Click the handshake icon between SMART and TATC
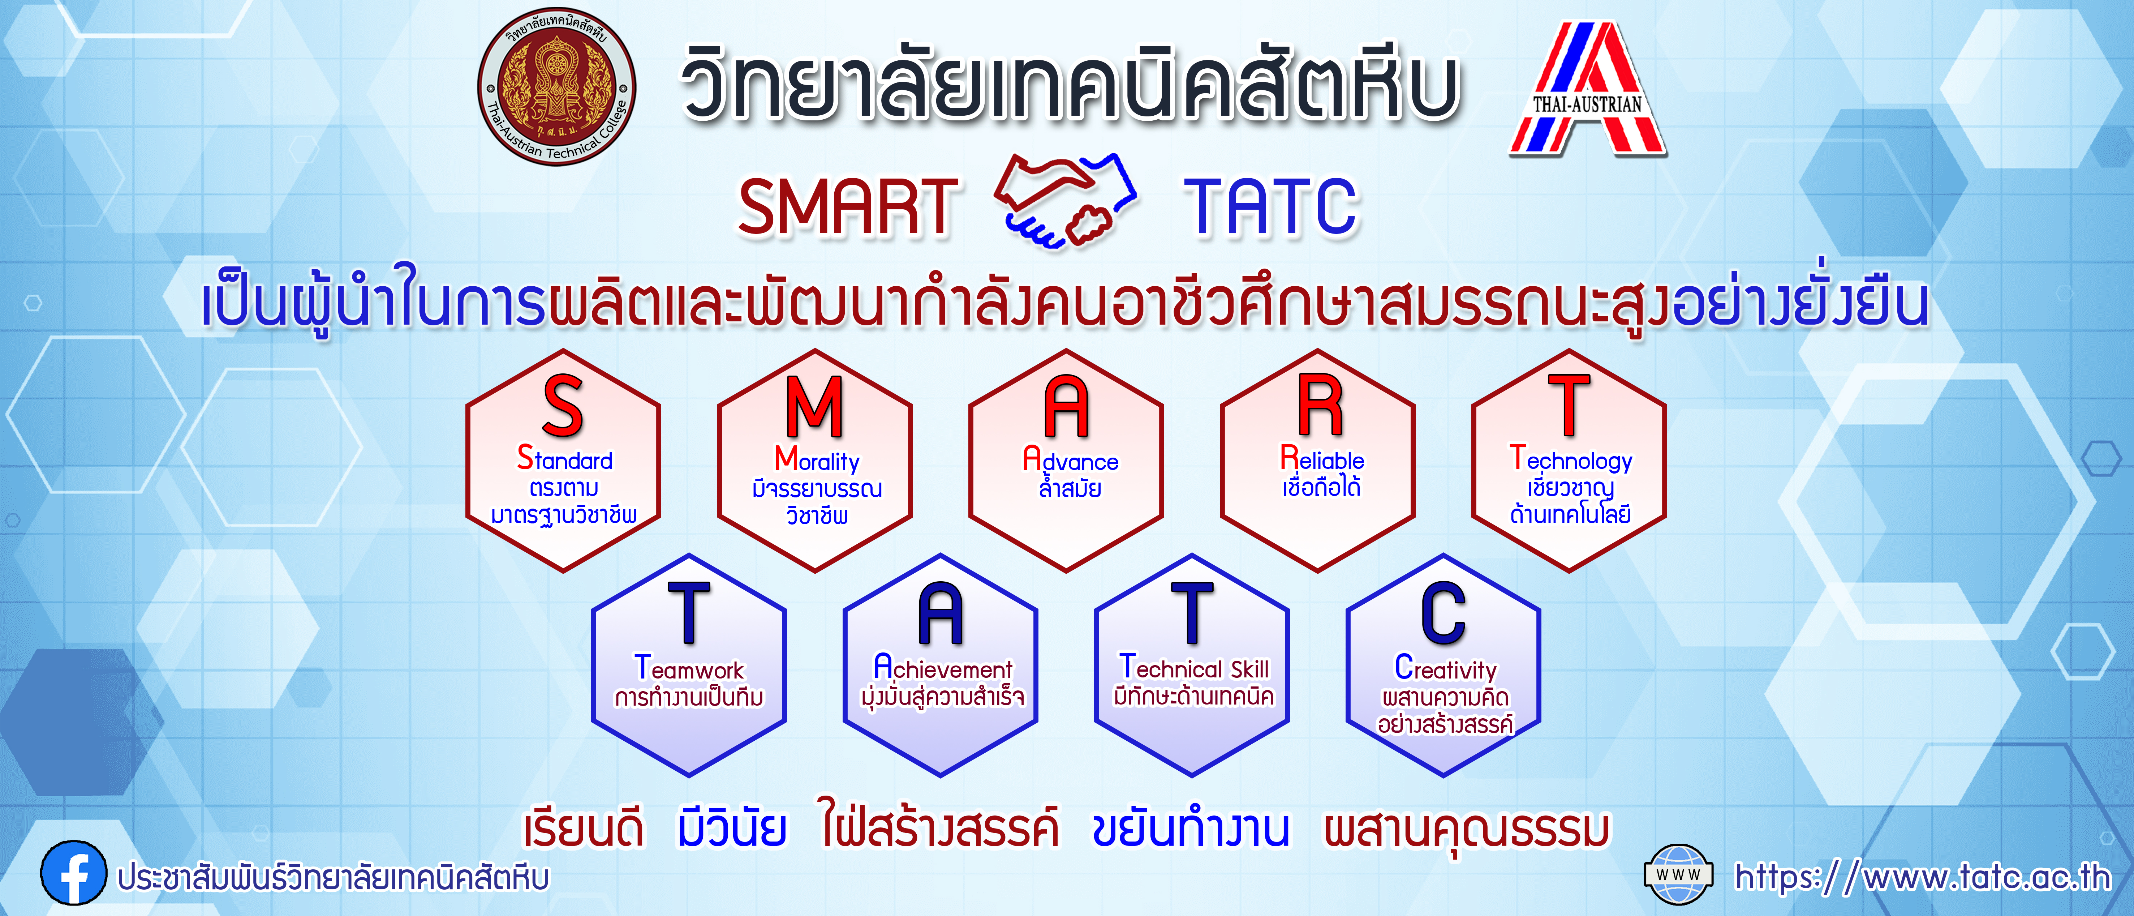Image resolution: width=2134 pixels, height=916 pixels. click(x=1065, y=201)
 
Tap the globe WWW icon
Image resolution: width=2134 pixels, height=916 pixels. click(x=1678, y=874)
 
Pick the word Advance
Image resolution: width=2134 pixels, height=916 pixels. click(x=1070, y=459)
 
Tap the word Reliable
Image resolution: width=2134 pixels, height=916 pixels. click(x=1322, y=458)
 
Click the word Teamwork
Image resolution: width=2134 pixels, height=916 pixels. click(x=689, y=667)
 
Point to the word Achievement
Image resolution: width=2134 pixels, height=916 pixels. click(x=943, y=667)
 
